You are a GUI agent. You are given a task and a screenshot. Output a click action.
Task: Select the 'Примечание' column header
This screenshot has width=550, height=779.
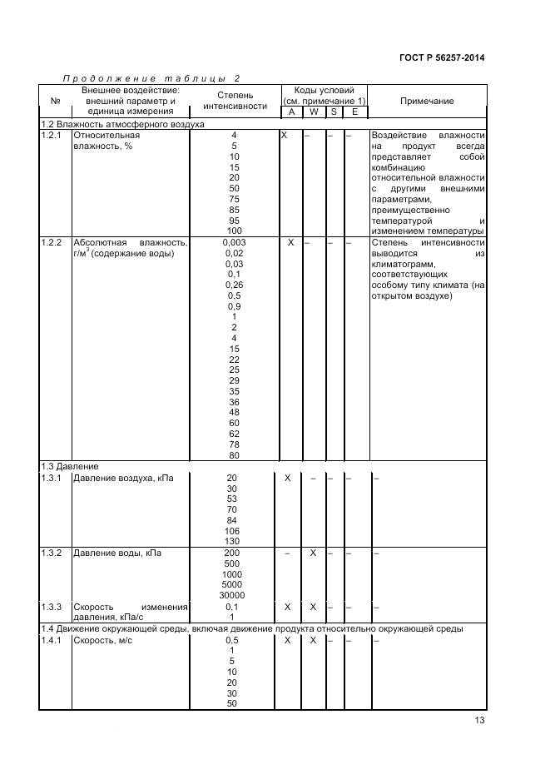pos(427,101)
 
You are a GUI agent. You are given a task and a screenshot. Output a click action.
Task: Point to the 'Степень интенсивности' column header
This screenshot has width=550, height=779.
pos(235,101)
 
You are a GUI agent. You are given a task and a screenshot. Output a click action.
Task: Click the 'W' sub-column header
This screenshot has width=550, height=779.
pos(313,112)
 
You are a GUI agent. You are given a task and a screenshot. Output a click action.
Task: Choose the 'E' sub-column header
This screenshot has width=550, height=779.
pos(354,112)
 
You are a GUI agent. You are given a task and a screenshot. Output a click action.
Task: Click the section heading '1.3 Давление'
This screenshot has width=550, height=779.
pos(72,467)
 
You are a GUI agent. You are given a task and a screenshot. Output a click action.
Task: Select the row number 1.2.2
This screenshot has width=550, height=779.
pos(52,242)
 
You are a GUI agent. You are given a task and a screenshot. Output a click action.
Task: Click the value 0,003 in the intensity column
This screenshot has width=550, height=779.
pos(235,242)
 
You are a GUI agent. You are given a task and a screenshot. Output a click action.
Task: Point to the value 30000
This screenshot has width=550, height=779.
pos(231,595)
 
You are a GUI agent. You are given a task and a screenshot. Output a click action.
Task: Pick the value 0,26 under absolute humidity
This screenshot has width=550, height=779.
pos(235,285)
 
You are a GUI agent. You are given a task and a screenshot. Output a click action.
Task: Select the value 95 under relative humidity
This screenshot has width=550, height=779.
pos(235,221)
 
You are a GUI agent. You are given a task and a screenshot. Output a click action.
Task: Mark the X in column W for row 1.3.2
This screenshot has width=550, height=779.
pos(313,553)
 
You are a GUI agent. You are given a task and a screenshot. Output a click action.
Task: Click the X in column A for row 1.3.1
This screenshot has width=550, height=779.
pos(287,478)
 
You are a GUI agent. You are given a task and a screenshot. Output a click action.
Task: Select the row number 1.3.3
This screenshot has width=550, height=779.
pos(52,607)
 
